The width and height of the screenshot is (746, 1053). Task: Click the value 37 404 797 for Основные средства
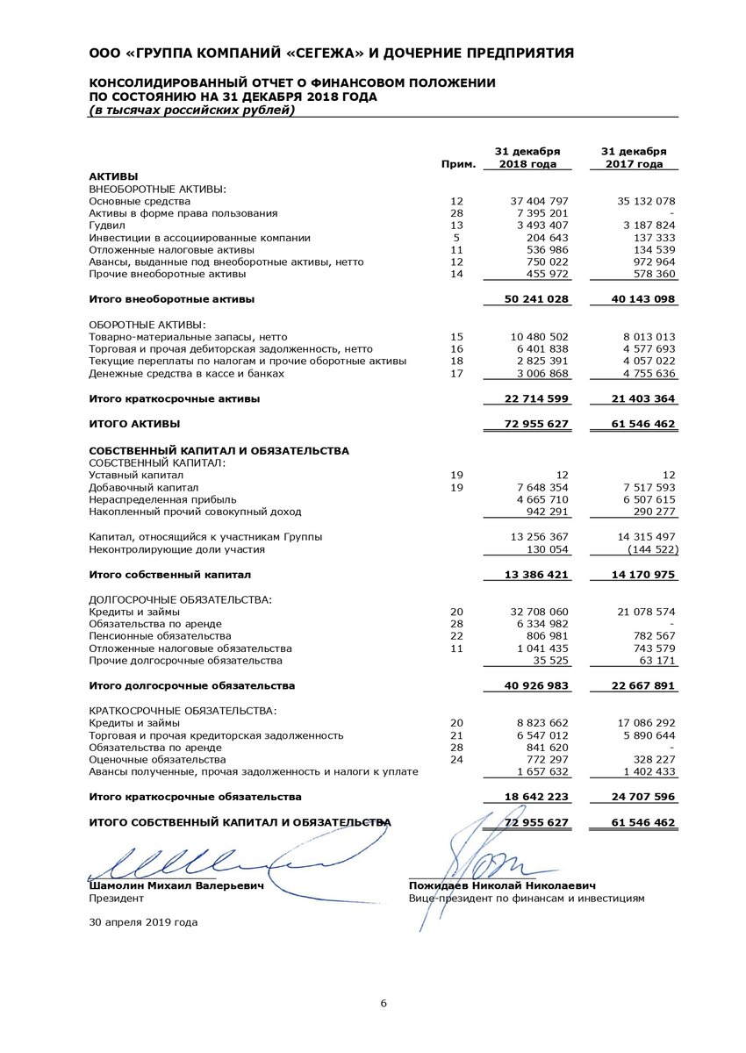(540, 201)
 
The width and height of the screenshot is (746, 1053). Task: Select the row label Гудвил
(108, 226)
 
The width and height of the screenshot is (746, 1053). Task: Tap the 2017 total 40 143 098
(637, 299)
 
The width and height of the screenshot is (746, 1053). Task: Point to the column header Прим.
(460, 164)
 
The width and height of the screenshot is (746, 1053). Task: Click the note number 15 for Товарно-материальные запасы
(456, 337)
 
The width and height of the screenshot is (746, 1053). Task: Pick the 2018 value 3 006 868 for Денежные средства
(540, 374)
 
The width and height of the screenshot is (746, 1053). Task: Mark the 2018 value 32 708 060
(540, 611)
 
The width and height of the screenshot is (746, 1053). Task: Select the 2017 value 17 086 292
(642, 723)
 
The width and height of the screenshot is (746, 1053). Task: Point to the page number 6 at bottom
(383, 1004)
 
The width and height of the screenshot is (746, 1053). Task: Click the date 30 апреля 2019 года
(143, 922)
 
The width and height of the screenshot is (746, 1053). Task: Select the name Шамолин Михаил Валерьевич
(176, 886)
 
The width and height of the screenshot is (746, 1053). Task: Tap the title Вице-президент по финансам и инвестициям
(526, 899)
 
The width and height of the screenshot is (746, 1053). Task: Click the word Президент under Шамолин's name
(115, 899)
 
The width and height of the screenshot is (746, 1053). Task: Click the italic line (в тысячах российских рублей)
(191, 110)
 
